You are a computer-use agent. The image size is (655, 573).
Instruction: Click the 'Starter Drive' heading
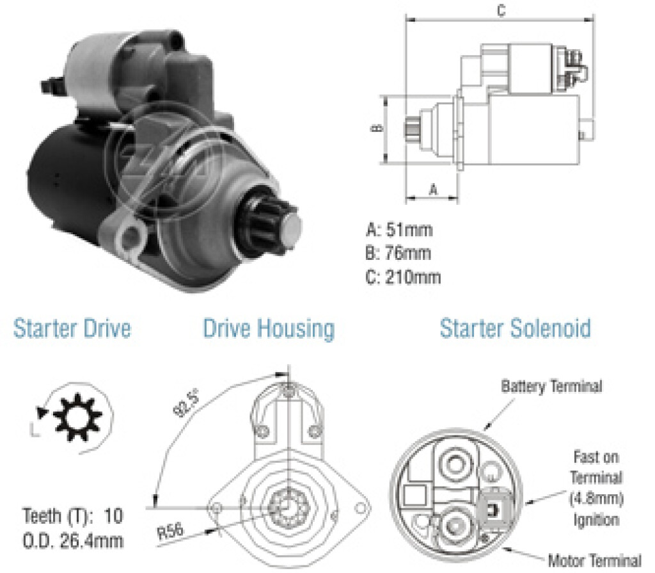tap(72, 328)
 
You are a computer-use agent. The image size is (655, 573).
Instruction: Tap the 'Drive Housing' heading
tap(269, 329)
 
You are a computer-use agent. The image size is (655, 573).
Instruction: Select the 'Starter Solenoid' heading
tap(516, 328)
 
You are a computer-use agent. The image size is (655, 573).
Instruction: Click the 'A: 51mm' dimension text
tap(399, 230)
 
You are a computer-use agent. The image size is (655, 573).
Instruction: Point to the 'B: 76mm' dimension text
tap(398, 253)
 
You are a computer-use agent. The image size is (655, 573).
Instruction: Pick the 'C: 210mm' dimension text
tap(403, 277)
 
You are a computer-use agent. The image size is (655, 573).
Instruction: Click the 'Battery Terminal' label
tap(551, 386)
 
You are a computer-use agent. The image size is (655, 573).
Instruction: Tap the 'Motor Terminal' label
tap(594, 560)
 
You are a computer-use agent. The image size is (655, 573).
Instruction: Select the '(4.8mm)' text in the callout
tap(597, 499)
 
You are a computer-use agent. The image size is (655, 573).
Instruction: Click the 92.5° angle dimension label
tap(186, 403)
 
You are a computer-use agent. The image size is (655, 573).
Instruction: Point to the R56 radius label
tap(170, 531)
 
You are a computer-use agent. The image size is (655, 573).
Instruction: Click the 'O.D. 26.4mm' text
tap(73, 541)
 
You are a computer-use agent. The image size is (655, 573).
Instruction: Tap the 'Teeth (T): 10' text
tap(73, 516)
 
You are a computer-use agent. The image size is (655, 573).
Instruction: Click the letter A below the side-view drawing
tap(434, 190)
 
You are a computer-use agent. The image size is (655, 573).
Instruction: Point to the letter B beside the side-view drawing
tap(377, 127)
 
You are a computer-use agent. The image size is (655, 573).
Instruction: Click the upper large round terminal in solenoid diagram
tap(454, 463)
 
